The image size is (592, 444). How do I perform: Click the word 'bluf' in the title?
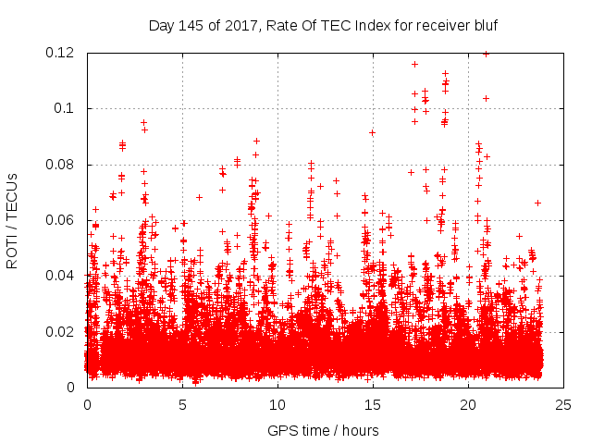tap(483, 26)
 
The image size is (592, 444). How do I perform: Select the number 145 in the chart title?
tap(190, 26)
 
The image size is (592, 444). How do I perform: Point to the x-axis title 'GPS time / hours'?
tap(323, 430)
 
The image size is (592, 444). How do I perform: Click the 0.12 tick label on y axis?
tap(61, 53)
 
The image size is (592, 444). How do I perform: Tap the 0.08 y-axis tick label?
tap(61, 165)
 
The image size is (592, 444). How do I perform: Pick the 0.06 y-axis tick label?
tap(61, 220)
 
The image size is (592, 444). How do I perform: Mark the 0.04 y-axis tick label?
tap(61, 276)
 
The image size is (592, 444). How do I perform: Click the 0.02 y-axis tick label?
tap(61, 332)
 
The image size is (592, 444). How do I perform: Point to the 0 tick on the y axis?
tap(72, 388)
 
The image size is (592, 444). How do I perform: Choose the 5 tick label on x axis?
tap(182, 404)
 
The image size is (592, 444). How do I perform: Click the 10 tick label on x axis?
tap(277, 404)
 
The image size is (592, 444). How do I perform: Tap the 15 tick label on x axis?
tap(373, 404)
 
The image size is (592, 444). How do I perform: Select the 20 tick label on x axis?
tap(468, 404)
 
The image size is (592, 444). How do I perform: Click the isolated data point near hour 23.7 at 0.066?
tap(537, 203)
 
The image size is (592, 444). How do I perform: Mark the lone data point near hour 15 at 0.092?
tap(372, 132)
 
